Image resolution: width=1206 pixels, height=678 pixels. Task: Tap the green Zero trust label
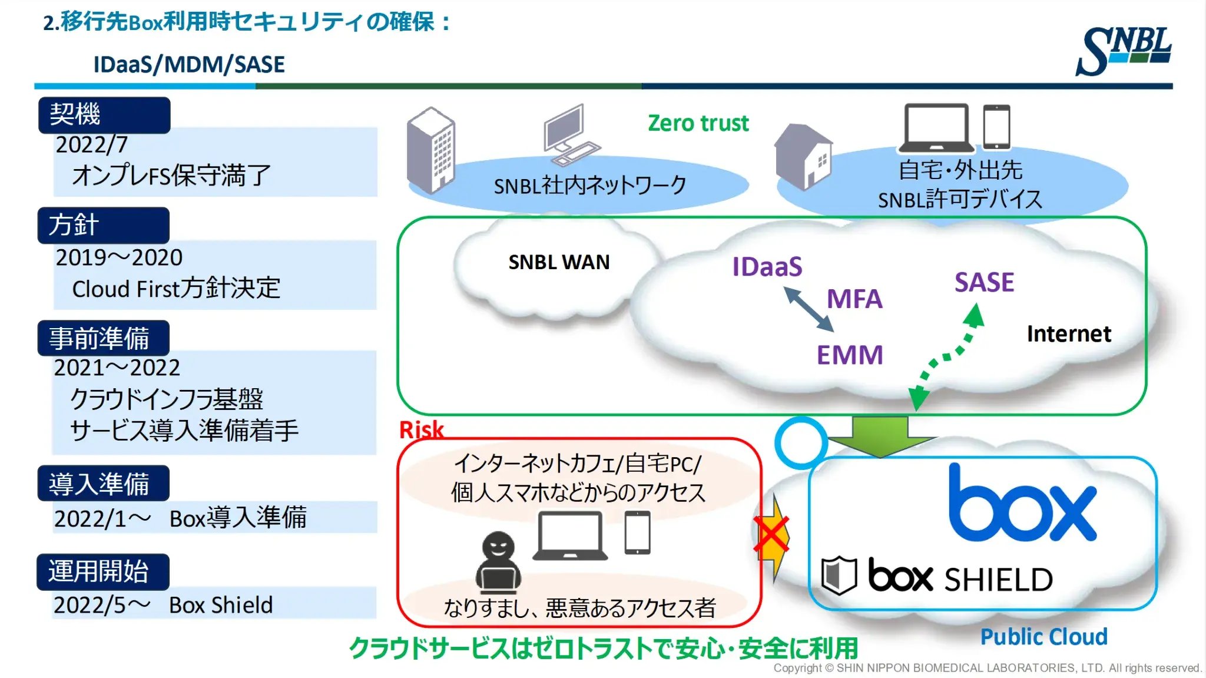pyautogui.click(x=698, y=123)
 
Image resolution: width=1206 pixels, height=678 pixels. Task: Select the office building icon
pyautogui.click(x=431, y=150)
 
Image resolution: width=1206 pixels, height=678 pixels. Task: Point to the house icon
pyautogui.click(x=803, y=156)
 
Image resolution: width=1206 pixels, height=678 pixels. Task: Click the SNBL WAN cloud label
pyautogui.click(x=558, y=262)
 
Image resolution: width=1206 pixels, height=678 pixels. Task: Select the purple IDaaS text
pyautogui.click(x=767, y=267)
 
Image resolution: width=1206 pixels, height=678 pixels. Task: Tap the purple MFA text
pyautogui.click(x=854, y=299)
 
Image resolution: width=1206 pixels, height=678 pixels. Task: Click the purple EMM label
pyautogui.click(x=849, y=355)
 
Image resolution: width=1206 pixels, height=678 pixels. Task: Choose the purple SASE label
pyautogui.click(x=984, y=283)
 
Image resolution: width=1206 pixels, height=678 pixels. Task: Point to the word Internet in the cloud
pyautogui.click(x=1068, y=334)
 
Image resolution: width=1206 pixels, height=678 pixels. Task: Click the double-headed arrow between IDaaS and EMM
pyautogui.click(x=809, y=309)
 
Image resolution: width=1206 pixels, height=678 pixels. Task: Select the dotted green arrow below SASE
pyautogui.click(x=946, y=356)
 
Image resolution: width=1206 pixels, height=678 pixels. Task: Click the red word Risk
pyautogui.click(x=420, y=430)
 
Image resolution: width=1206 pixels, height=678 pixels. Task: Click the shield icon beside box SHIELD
pyautogui.click(x=839, y=574)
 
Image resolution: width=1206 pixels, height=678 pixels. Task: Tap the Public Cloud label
pyautogui.click(x=1043, y=637)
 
